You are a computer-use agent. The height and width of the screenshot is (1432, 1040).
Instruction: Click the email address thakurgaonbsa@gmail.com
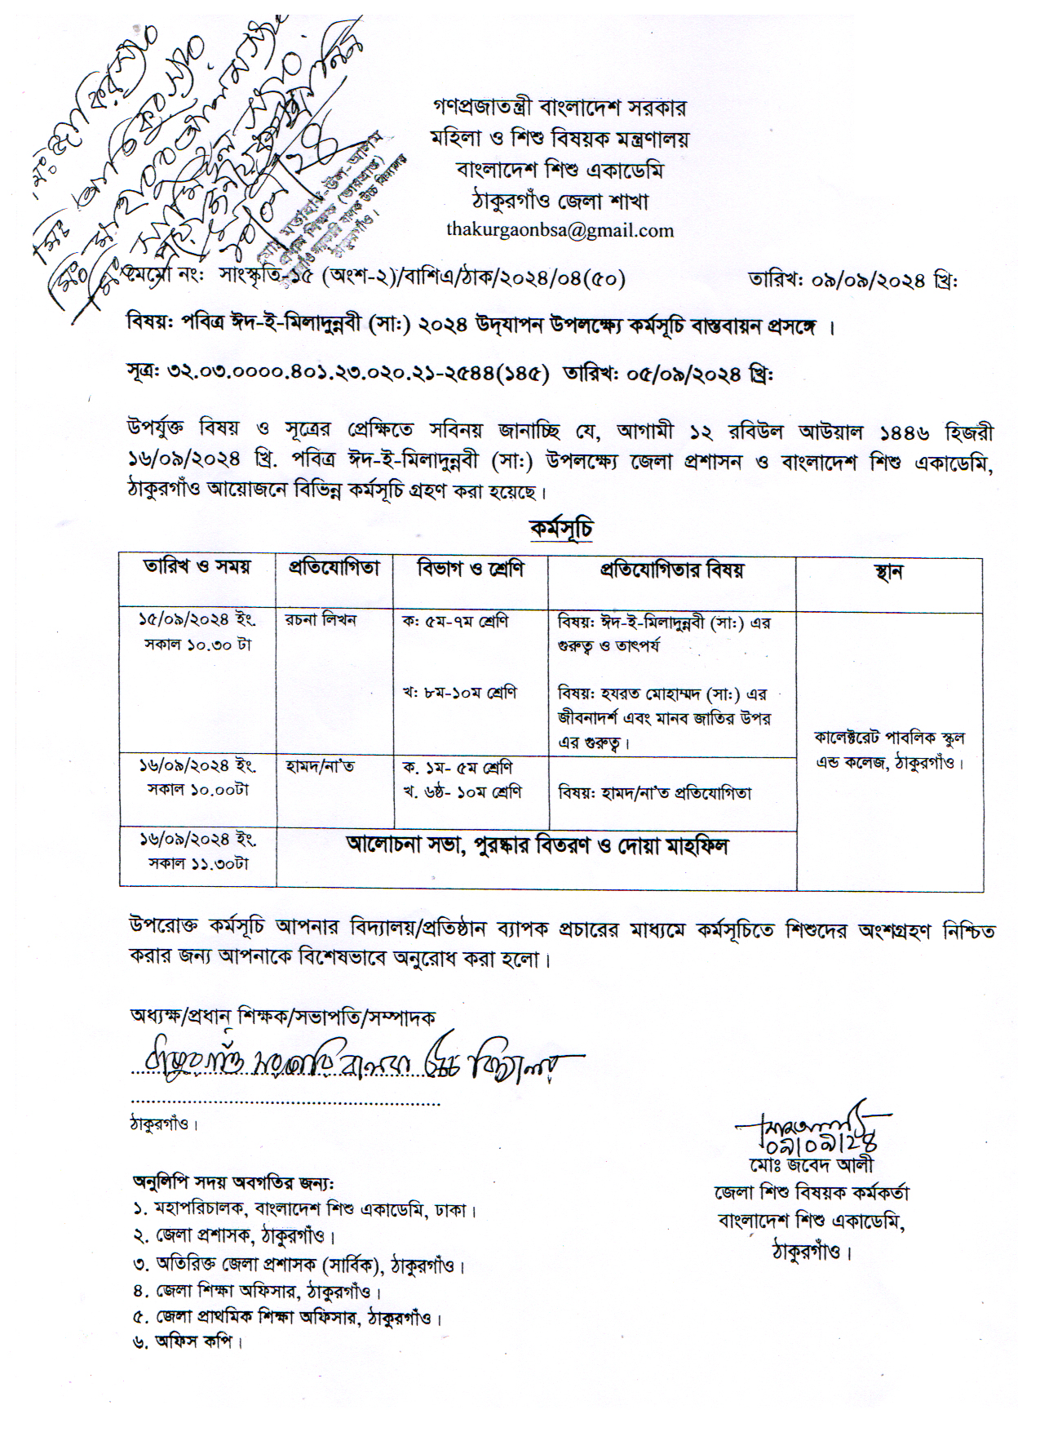click(x=560, y=230)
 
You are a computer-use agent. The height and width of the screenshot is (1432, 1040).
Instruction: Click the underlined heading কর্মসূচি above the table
click(x=560, y=529)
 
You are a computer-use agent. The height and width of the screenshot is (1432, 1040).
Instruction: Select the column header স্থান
click(x=888, y=571)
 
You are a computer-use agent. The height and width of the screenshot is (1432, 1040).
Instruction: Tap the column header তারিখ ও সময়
click(x=197, y=567)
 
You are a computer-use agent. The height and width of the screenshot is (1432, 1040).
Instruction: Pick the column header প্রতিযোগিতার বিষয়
click(x=671, y=570)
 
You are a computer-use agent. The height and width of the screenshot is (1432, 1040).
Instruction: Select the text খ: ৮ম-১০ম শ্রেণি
click(x=459, y=694)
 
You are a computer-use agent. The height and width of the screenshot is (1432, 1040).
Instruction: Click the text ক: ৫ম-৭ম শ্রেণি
click(x=455, y=621)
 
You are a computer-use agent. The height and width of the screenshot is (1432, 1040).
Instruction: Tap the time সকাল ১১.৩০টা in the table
click(x=197, y=862)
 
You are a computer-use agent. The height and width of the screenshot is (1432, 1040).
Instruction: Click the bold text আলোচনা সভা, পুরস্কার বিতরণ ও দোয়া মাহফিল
click(x=537, y=845)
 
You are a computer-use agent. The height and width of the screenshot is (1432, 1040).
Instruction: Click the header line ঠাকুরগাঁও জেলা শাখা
click(x=560, y=200)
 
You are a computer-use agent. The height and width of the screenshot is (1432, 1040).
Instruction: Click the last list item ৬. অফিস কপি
click(x=188, y=1341)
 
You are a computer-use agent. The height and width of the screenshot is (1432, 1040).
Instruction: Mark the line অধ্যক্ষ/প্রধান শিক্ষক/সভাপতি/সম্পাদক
click(x=282, y=1017)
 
